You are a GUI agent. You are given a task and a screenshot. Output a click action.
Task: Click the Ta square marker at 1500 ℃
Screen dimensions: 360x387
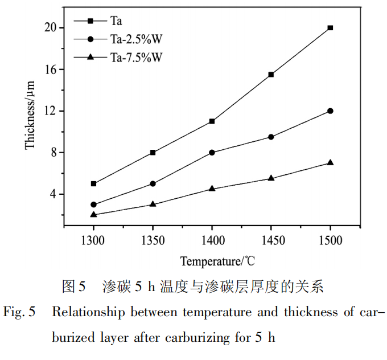point(330,27)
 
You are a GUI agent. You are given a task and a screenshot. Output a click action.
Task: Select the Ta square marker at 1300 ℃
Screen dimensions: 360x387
point(93,183)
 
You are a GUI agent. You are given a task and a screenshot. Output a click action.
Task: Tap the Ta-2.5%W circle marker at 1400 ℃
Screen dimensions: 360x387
point(212,152)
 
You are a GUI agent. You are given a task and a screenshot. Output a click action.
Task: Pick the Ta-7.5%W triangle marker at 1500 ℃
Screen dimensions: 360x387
point(330,162)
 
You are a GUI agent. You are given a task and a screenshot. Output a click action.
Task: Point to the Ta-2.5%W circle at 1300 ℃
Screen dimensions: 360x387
point(93,204)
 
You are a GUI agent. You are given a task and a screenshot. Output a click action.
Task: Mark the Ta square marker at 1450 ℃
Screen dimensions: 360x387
point(271,75)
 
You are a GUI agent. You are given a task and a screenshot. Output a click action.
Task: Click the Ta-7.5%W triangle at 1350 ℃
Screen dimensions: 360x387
point(153,203)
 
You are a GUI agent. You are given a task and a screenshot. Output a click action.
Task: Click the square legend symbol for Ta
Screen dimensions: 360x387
point(90,21)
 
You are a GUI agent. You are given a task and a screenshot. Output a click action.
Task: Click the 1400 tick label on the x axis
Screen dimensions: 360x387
point(212,239)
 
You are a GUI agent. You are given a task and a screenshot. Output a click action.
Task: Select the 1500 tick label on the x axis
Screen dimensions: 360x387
point(330,239)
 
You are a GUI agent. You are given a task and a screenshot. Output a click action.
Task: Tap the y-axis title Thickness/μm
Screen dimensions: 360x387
point(30,114)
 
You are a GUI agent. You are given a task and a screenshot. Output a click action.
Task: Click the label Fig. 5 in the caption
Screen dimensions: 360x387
point(20,312)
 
